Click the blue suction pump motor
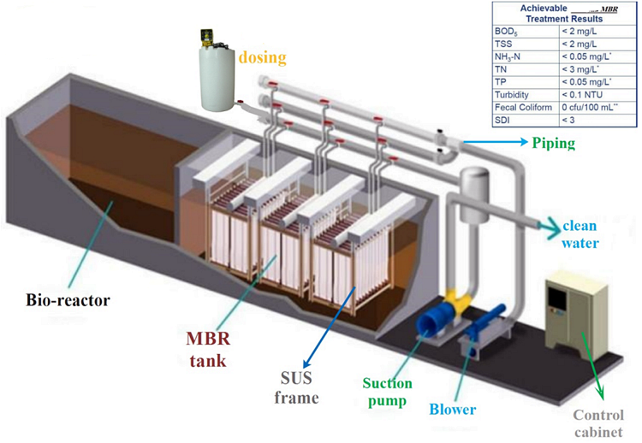tap(437, 323)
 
